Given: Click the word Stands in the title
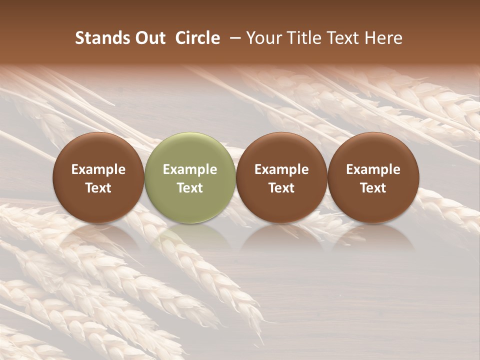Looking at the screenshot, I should (101, 38).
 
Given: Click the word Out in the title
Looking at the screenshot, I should (149, 38).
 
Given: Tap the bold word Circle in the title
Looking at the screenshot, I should (197, 38).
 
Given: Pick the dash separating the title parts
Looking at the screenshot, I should (233, 38).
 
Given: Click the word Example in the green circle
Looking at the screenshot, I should (190, 169).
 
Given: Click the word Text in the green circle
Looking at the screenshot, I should (190, 188).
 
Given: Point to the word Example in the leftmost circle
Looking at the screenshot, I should (98, 169).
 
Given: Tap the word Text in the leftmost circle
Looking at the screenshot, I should (98, 188).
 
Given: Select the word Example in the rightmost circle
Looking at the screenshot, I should (373, 169).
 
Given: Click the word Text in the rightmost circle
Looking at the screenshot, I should (373, 188).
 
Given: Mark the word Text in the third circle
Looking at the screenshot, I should (281, 188).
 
